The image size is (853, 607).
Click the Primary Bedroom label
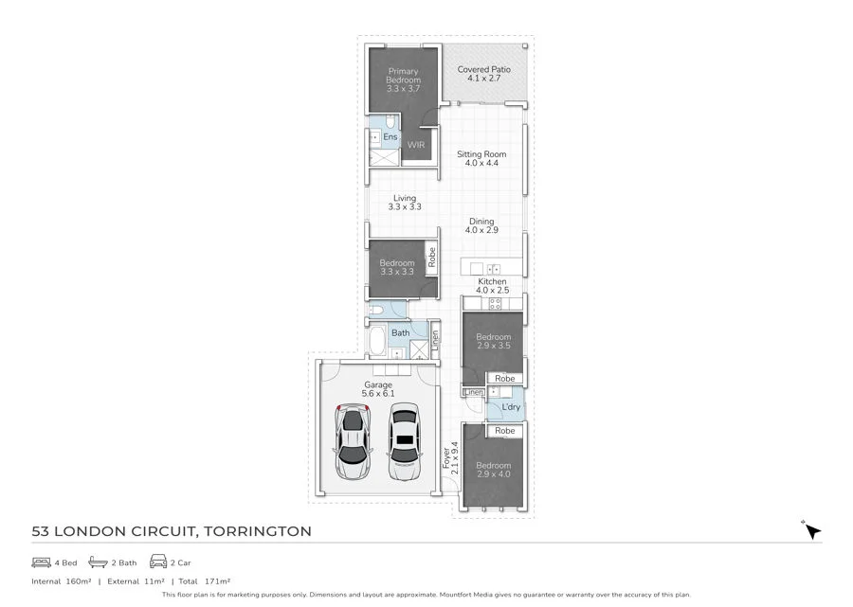click(403, 76)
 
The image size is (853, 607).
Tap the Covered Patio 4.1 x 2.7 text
click(483, 74)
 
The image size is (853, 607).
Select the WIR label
click(416, 146)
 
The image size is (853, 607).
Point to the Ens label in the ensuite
click(390, 137)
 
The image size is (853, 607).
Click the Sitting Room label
click(481, 158)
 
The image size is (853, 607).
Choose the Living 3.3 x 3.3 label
click(405, 203)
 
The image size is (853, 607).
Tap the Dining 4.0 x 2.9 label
click(481, 225)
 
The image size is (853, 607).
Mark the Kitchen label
click(492, 286)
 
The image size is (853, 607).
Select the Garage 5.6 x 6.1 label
click(378, 389)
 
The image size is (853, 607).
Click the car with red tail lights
click(353, 442)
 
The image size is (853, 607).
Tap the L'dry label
click(511, 407)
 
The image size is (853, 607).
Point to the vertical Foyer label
click(450, 456)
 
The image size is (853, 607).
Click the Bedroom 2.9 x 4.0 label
click(493, 470)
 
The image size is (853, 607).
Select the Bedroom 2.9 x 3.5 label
click(493, 342)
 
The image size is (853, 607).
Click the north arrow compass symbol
click(810, 530)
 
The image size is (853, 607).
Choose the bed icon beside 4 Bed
click(41, 562)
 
